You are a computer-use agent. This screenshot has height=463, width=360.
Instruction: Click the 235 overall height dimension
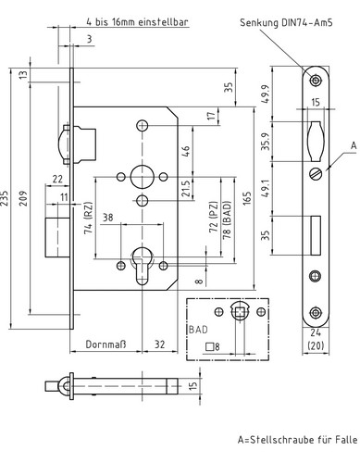(x=5, y=197)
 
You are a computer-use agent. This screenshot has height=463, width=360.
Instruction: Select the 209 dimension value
(x=23, y=198)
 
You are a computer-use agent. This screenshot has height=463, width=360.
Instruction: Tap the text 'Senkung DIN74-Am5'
(x=286, y=22)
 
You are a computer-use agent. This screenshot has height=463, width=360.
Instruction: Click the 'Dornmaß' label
(x=106, y=344)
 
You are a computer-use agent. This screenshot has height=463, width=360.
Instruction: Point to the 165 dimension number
(x=247, y=198)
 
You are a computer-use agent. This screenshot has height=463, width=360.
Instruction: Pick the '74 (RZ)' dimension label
(x=89, y=218)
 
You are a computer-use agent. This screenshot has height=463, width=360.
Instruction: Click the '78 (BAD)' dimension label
(x=227, y=220)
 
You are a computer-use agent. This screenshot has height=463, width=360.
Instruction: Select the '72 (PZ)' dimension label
(x=214, y=217)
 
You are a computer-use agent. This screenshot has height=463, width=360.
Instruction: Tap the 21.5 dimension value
(x=185, y=188)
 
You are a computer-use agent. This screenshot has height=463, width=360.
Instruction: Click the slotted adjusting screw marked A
(x=316, y=173)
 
